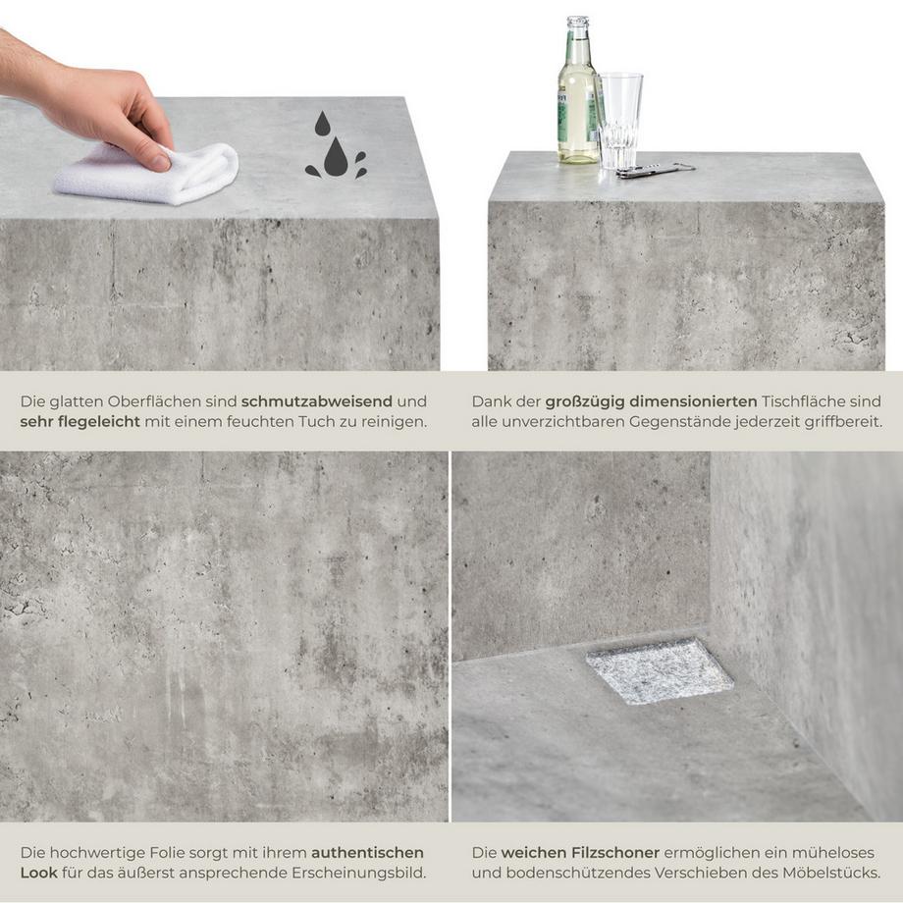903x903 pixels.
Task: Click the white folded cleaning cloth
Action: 147,173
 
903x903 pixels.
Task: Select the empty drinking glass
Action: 619,121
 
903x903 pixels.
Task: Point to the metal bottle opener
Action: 656,170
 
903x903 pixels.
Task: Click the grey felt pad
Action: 660,671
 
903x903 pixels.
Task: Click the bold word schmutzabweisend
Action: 317,401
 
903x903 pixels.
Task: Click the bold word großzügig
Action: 585,401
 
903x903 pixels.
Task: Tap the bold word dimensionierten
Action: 694,401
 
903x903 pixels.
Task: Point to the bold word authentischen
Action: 367,852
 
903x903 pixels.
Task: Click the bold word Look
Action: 38,873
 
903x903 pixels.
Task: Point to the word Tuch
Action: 316,421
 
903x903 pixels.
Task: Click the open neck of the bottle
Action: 577,19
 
